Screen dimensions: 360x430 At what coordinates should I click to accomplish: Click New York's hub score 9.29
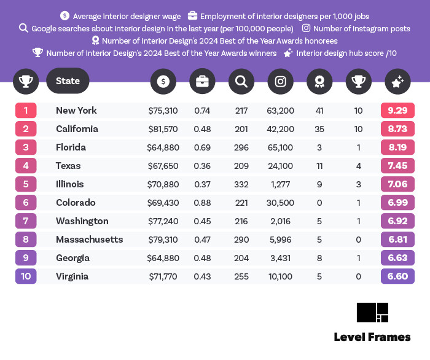[397, 111]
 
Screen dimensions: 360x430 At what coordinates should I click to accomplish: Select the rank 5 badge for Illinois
[26, 184]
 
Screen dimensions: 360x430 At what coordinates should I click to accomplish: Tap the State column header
[68, 81]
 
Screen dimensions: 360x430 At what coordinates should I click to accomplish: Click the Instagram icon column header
[280, 81]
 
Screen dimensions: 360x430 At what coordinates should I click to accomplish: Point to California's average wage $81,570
[163, 129]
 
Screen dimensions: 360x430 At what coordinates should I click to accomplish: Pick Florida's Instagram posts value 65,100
[281, 147]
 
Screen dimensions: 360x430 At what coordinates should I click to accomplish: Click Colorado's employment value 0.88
[202, 203]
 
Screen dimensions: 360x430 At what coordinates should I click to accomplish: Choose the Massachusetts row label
[89, 240]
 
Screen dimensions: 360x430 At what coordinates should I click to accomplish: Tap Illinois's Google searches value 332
[241, 184]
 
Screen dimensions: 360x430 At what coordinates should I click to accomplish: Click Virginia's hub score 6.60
[397, 276]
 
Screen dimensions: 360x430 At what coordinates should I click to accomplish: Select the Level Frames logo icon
[372, 313]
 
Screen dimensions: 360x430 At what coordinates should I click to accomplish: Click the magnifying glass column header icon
[241, 81]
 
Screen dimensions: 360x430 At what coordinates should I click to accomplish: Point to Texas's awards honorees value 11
[319, 166]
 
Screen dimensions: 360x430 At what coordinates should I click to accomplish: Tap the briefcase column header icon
[202, 81]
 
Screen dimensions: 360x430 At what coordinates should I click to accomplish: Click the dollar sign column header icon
[163, 81]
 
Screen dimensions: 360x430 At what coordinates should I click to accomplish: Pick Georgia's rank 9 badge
[26, 258]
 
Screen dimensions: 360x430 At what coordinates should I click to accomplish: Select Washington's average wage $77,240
[163, 221]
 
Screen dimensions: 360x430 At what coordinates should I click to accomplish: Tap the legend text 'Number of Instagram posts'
[361, 28]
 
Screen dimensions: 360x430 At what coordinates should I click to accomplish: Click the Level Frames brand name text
[372, 337]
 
